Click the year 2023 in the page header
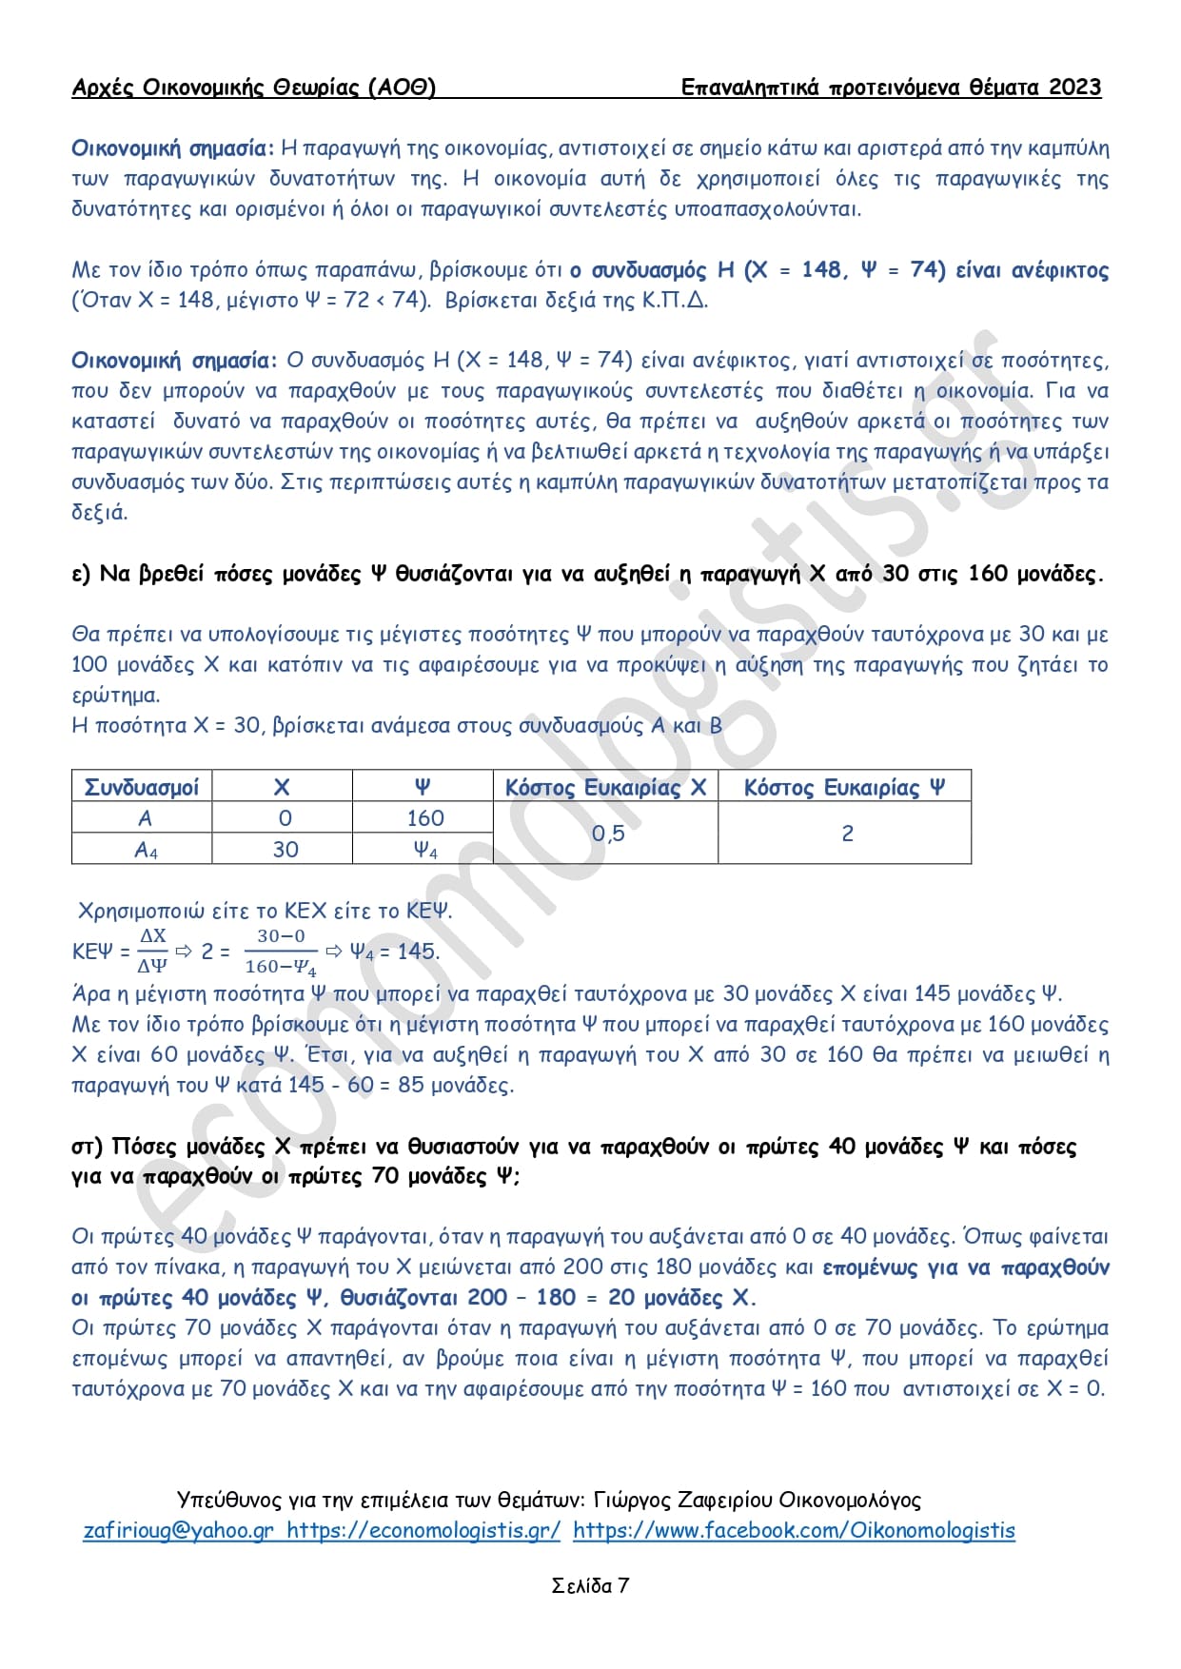coord(1074,88)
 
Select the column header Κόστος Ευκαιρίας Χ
coord(605,787)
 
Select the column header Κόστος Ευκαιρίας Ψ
coord(844,787)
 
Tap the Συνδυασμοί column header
coord(142,787)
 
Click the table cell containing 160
coord(424,818)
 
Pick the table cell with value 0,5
coord(607,834)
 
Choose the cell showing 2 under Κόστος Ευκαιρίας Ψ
coord(847,834)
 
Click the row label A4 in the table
coord(145,850)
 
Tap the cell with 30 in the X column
coord(285,850)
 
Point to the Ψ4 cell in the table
coord(424,850)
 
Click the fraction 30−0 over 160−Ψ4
coord(281,952)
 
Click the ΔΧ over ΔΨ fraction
coord(152,952)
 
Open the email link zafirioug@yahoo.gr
coord(178,1530)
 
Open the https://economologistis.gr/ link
coord(423,1530)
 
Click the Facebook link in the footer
coord(794,1530)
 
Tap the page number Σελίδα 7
coord(590,1585)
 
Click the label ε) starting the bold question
coord(81,574)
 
